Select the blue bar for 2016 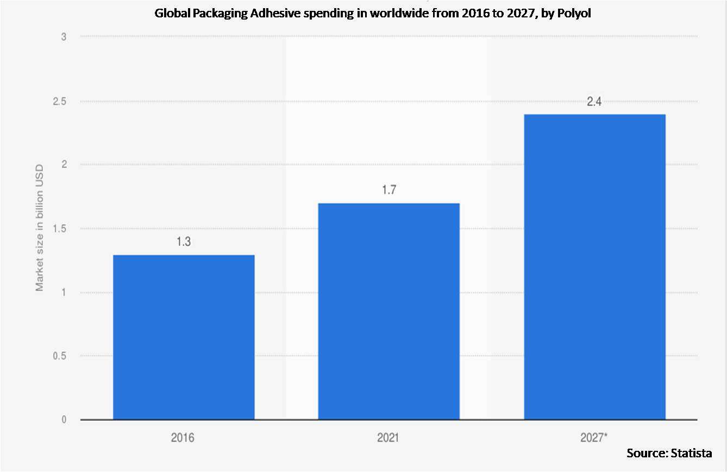[184, 337]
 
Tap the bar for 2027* [594, 267]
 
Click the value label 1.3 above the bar [184, 242]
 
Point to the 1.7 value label [388, 191]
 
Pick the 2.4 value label [594, 102]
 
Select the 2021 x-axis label [388, 437]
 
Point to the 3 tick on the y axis [64, 37]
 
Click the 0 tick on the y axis [64, 420]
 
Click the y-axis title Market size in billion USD [40, 228]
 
